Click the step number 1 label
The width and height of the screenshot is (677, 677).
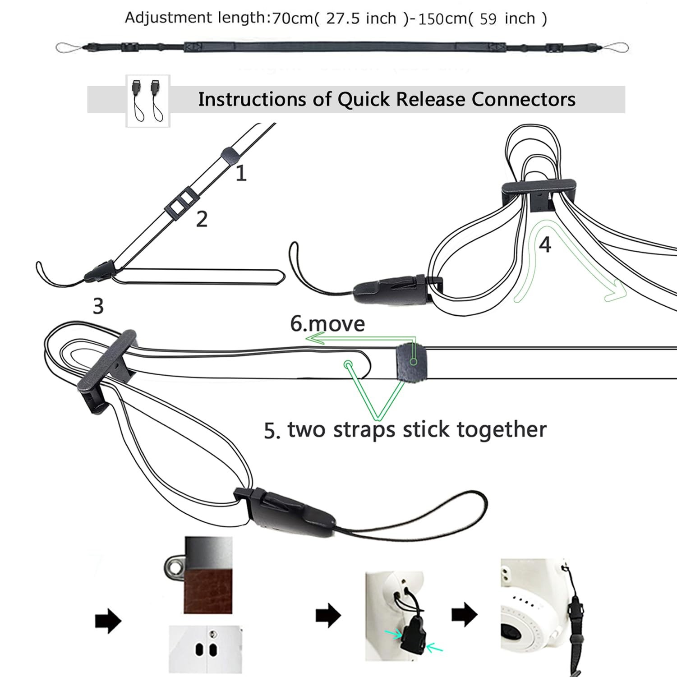click(x=241, y=173)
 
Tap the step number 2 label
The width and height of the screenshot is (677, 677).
click(x=202, y=219)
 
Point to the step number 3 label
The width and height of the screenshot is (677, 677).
click(x=98, y=306)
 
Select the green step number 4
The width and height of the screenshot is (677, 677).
click(x=545, y=244)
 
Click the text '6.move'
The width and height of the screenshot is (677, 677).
click(x=327, y=324)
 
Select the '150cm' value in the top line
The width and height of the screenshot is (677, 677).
click(x=442, y=19)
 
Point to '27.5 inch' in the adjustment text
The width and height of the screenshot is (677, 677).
click(x=361, y=18)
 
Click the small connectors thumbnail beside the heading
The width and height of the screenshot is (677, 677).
click(x=148, y=101)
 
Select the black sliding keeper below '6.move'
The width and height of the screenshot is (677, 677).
click(x=411, y=362)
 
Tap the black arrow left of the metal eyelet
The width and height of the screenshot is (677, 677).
click(x=108, y=622)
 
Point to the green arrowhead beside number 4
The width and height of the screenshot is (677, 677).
click(x=615, y=290)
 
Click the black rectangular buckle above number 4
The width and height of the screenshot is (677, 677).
click(x=539, y=193)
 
